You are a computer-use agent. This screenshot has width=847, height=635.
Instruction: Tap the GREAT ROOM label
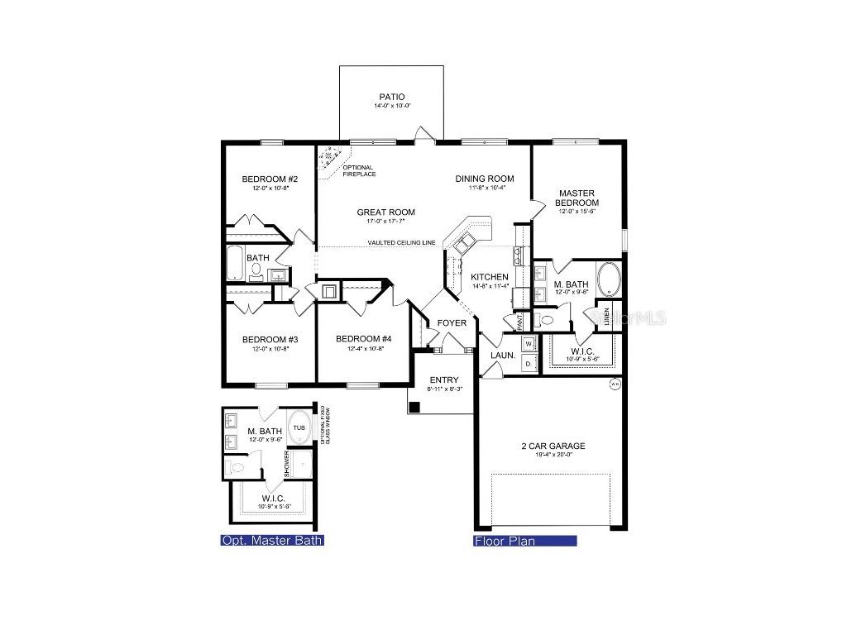(385, 212)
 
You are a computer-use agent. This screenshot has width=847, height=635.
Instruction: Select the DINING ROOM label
(485, 179)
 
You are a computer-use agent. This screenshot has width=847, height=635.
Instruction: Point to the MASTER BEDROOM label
(577, 198)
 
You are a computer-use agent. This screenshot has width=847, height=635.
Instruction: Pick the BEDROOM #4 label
(364, 339)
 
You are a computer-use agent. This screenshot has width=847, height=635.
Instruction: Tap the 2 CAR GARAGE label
(553, 446)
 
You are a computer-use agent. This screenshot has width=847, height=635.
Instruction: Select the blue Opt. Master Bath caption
(271, 541)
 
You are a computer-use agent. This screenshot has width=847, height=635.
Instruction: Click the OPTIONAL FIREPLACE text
(359, 171)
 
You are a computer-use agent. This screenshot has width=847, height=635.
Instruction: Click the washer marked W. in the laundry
(529, 342)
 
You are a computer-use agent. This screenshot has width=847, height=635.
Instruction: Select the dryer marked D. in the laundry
(529, 360)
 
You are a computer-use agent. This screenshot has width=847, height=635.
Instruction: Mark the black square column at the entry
(415, 407)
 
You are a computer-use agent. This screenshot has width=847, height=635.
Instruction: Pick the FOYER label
(452, 322)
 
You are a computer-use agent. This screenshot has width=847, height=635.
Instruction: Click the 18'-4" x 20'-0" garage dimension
(553, 456)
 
